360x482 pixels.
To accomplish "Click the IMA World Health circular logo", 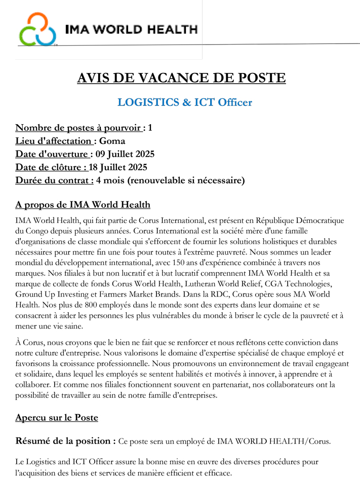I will coord(37,29).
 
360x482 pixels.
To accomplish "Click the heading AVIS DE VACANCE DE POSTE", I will coord(181,78).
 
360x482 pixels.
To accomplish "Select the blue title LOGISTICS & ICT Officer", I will coord(184,102).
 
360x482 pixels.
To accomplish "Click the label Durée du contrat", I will coord(54,180).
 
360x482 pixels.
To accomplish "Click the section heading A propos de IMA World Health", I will coord(83,205).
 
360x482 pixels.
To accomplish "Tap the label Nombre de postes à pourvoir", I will coord(78,128).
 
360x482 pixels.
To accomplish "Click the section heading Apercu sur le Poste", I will coord(56,418).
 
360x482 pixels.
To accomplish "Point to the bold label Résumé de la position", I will coord(66,441).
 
